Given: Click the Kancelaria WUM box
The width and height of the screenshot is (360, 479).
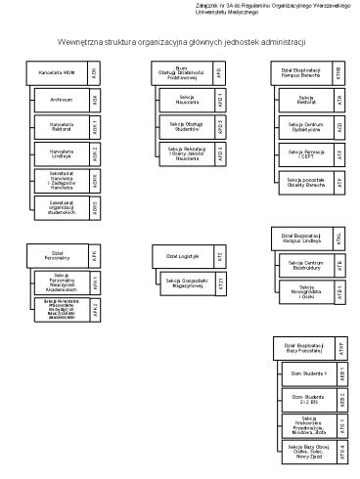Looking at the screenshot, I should pos(56,73).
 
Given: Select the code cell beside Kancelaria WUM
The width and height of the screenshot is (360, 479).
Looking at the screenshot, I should pos(94,73).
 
